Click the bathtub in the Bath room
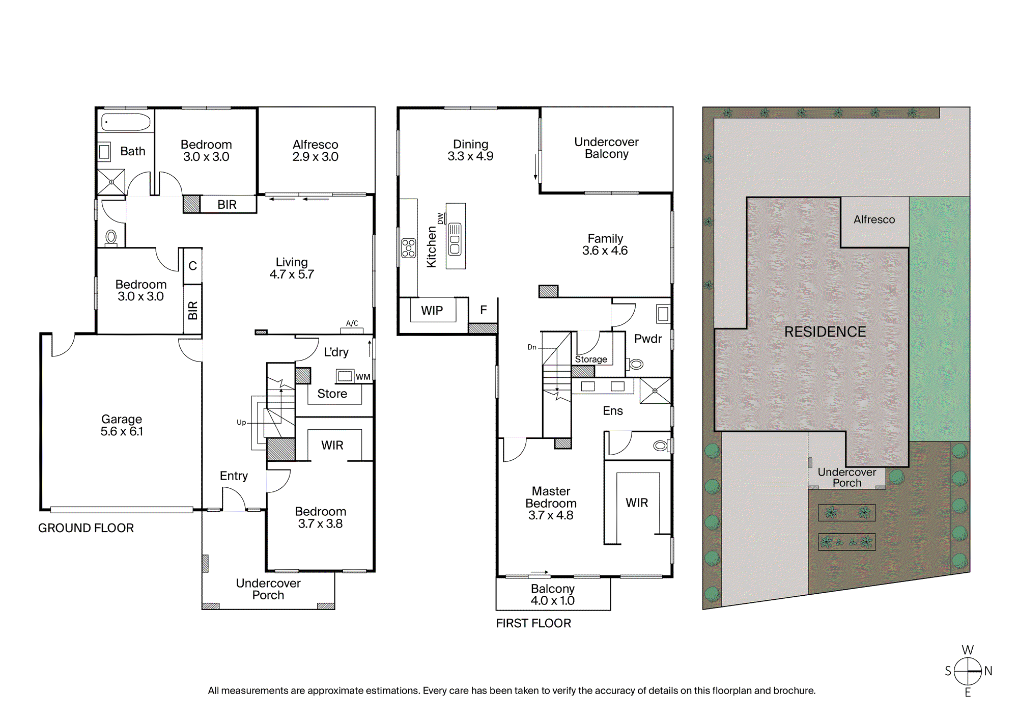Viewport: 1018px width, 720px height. pos(126,122)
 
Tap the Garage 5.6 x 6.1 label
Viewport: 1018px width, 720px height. pos(122,425)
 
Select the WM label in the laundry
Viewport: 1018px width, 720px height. pos(363,377)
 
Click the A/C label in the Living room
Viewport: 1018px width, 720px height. pos(352,323)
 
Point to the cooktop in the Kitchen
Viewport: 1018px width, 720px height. pos(409,248)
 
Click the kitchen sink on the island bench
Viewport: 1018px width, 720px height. pos(455,239)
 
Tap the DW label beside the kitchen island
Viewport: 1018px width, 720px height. pos(440,218)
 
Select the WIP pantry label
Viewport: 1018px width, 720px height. pos(432,310)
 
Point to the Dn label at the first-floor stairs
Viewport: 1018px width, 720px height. pos(532,347)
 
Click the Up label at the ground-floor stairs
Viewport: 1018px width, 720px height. pos(241,422)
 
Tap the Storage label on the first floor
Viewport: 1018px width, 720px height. pos(591,359)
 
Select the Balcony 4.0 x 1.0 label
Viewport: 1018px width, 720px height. pos(553,595)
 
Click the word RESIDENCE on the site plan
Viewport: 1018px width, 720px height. pos(825,332)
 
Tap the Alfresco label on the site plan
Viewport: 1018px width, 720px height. pos(874,219)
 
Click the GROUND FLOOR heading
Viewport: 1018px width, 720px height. pos(86,528)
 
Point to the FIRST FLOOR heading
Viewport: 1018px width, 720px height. pos(533,623)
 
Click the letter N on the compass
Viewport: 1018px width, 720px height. pos(988,671)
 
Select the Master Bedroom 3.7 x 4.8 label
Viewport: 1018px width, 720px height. pos(551,503)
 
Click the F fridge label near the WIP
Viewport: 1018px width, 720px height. pos(484,310)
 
